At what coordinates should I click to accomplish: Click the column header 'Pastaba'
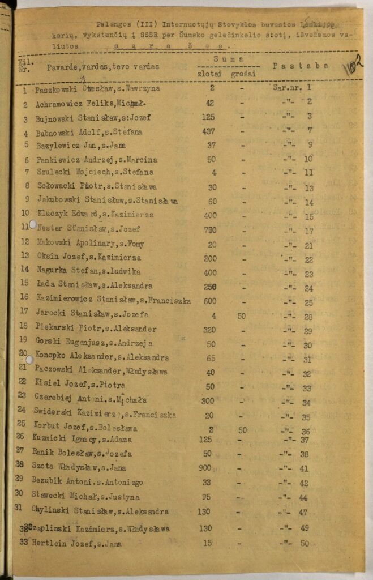tap(301, 65)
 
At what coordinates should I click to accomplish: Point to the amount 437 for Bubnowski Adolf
tap(209, 132)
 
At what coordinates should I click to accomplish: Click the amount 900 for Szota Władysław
tap(205, 468)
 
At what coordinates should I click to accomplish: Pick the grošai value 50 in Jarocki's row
tap(242, 315)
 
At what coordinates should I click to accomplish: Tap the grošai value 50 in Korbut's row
tap(243, 430)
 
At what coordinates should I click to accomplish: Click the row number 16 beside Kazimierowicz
tap(24, 297)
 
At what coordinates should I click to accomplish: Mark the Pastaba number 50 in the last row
tap(305, 543)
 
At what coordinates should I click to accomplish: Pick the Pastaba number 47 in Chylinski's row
tap(304, 511)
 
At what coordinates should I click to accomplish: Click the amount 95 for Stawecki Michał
tap(207, 497)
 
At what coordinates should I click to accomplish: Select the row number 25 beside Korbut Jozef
tap(22, 423)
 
